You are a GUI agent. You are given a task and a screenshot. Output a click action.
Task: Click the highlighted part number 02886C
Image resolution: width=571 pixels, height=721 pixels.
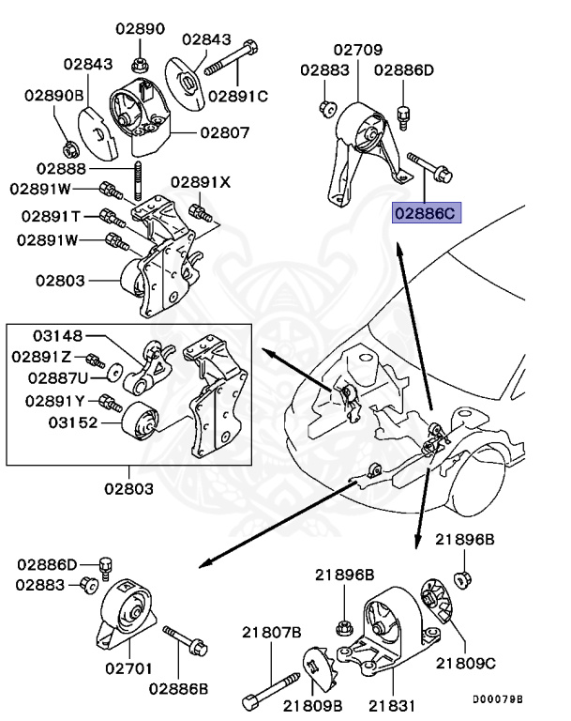[x=425, y=213]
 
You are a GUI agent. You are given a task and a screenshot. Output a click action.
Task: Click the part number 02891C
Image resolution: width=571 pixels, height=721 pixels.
[x=238, y=95]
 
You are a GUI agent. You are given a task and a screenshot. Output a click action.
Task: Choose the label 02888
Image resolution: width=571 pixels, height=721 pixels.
[x=62, y=168]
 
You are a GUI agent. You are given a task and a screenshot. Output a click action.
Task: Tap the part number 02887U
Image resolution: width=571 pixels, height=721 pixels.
[x=57, y=377]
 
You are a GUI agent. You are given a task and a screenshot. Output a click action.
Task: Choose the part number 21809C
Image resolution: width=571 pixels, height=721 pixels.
[x=464, y=663]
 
